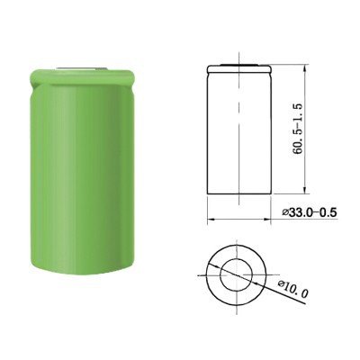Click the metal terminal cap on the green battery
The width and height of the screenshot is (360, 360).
(81, 69)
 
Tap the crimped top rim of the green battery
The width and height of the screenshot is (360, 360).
(82, 78)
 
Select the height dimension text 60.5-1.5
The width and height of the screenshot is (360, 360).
(299, 129)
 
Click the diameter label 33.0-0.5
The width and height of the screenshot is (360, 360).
(310, 212)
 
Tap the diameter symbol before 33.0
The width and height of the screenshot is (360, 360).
(285, 212)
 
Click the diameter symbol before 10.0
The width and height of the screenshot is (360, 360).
(281, 284)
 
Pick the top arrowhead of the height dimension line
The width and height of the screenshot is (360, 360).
(304, 70)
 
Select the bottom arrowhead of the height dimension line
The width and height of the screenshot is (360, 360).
(304, 190)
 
